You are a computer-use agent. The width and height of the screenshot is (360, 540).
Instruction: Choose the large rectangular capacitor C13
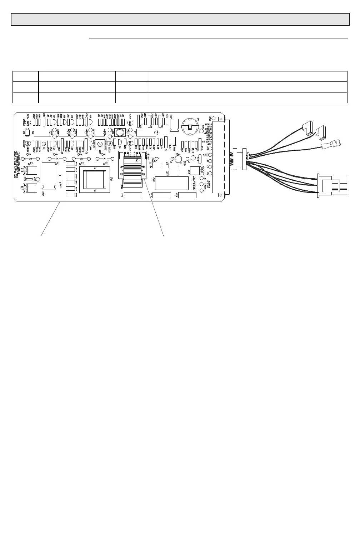click(x=171, y=183)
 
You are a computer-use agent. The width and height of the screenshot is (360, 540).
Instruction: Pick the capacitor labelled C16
click(x=187, y=195)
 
